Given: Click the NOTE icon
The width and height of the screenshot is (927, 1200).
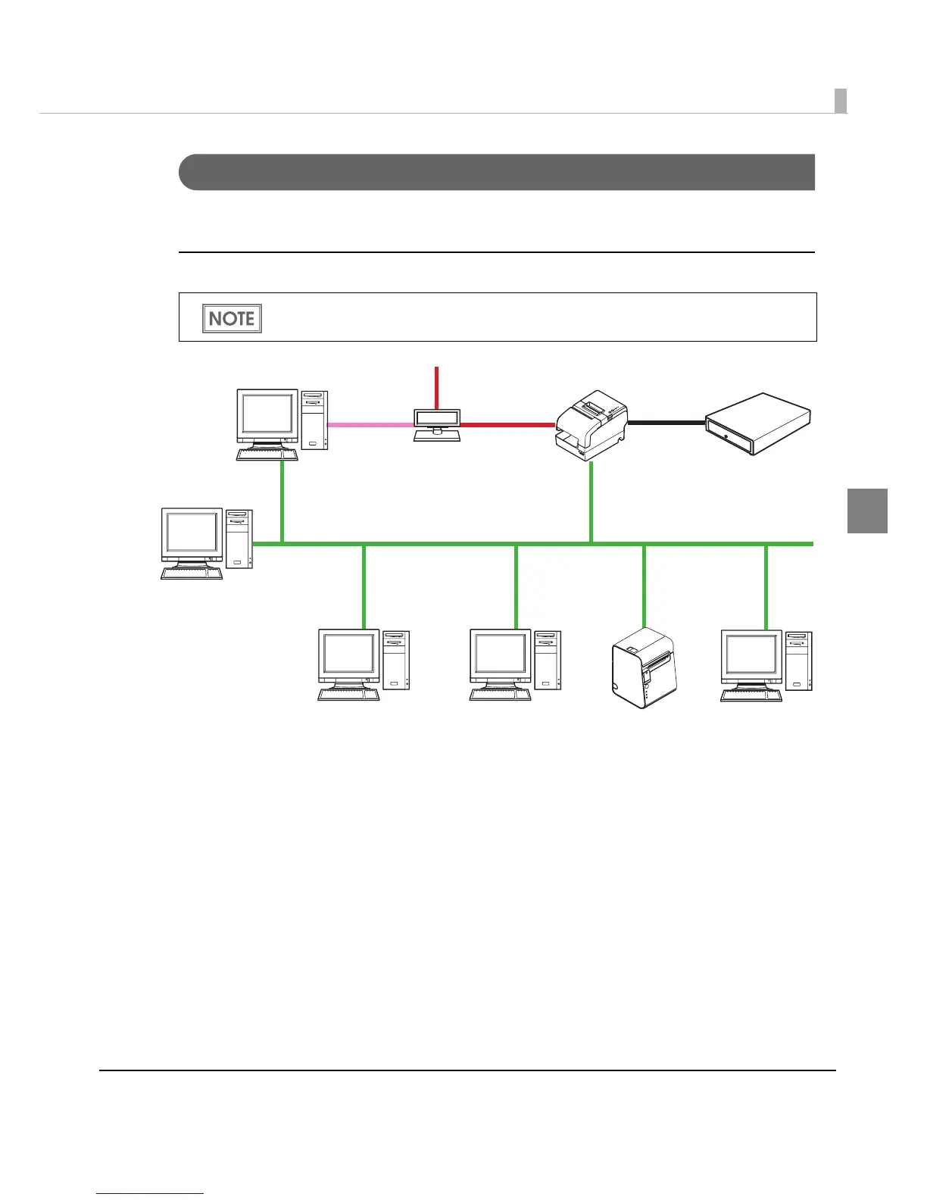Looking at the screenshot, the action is click(232, 318).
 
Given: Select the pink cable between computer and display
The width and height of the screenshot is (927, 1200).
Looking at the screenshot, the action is click(370, 425).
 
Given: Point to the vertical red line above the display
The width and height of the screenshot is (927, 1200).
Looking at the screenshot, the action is click(436, 387).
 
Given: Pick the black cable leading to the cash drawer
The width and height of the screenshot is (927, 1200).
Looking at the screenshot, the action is click(666, 423).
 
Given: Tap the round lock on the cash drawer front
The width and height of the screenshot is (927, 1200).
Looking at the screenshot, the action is click(726, 437).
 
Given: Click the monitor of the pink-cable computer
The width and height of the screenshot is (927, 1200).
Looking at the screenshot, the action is click(267, 417).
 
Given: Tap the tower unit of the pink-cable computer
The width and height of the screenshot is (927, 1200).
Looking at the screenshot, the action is click(314, 420).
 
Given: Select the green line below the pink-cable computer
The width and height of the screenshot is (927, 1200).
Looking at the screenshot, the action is click(282, 502).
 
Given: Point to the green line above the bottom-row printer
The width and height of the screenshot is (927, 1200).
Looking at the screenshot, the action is click(644, 583).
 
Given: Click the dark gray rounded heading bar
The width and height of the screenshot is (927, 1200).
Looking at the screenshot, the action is click(496, 172).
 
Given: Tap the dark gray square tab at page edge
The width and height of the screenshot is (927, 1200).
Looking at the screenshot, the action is click(867, 511).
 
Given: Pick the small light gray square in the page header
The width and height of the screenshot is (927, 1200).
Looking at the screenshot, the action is click(841, 101).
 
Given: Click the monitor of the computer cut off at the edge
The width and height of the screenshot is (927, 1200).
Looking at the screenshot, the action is click(751, 655).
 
